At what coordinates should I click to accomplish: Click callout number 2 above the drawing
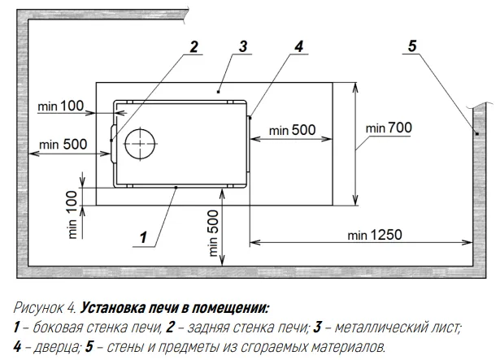click(x=193, y=46)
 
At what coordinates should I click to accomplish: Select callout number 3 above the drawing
click(x=242, y=46)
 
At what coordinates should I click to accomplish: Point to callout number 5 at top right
click(x=412, y=46)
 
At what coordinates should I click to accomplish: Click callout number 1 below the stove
click(x=143, y=237)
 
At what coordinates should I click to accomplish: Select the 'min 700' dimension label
click(x=389, y=128)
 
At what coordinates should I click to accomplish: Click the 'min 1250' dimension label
click(x=375, y=235)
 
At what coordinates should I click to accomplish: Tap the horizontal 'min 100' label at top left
click(x=61, y=106)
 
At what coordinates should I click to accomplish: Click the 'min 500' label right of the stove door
click(x=293, y=130)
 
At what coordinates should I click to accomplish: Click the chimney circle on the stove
click(x=141, y=145)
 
